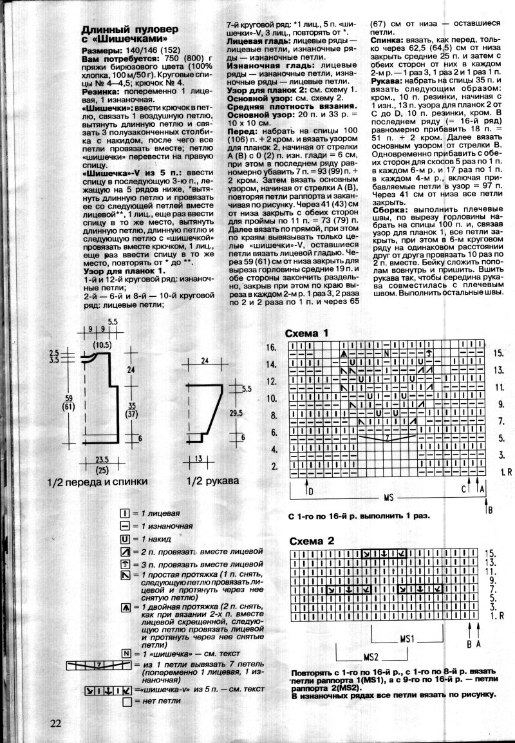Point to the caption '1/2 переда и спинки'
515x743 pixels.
point(91,481)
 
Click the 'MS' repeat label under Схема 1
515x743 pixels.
point(388,498)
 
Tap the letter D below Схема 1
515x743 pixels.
point(311,492)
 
